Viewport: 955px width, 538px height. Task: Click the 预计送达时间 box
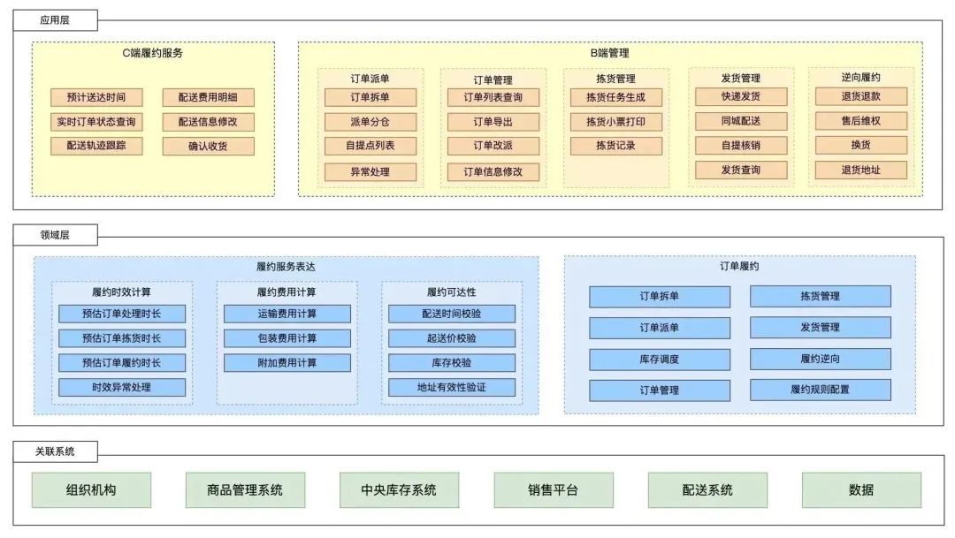(x=96, y=97)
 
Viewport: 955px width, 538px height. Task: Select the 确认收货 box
(x=208, y=146)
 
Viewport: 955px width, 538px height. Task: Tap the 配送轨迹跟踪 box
(x=96, y=146)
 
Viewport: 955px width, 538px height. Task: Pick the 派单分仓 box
(x=371, y=122)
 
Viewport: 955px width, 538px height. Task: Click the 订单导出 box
(x=493, y=122)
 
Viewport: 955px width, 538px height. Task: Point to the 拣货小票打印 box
(x=615, y=122)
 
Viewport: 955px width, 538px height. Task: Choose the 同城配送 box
(x=741, y=121)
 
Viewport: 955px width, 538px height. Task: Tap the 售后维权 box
(x=861, y=121)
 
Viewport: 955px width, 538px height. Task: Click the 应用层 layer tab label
(x=55, y=20)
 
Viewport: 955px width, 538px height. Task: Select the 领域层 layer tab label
(x=55, y=235)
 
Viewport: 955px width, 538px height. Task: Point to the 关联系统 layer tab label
(x=55, y=451)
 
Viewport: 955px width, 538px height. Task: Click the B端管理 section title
(x=609, y=53)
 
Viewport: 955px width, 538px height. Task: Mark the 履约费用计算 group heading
(x=286, y=292)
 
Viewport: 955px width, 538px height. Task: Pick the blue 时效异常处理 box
(x=122, y=387)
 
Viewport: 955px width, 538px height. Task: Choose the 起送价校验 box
(x=452, y=338)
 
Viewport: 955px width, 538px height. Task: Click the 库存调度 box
(x=660, y=359)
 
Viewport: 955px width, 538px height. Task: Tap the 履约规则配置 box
(x=821, y=390)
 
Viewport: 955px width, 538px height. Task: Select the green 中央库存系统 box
(x=399, y=490)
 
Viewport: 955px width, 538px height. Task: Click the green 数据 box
(x=861, y=490)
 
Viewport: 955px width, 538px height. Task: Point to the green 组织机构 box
(x=91, y=490)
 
